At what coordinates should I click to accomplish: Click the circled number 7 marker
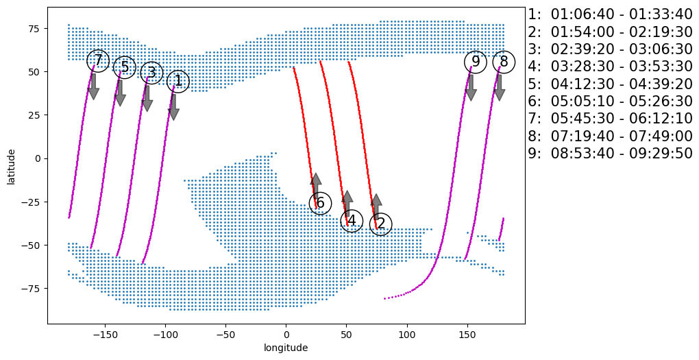pyautogui.click(x=99, y=60)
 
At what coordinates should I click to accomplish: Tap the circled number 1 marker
pyautogui.click(x=178, y=81)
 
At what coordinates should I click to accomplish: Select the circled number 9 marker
pyautogui.click(x=476, y=62)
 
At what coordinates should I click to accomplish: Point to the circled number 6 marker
pyautogui.click(x=320, y=203)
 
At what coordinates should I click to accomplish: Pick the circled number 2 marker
pyautogui.click(x=380, y=224)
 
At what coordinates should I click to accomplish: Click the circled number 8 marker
pyautogui.click(x=504, y=62)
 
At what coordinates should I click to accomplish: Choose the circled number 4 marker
pyautogui.click(x=352, y=221)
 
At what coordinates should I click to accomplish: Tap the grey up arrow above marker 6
pyautogui.click(x=315, y=185)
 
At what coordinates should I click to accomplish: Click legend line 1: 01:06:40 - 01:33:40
pyautogui.click(x=610, y=14)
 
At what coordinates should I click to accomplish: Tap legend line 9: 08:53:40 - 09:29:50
pyautogui.click(x=610, y=154)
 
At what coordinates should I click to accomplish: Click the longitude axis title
pyautogui.click(x=286, y=348)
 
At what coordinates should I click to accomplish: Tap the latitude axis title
pyautogui.click(x=12, y=165)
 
